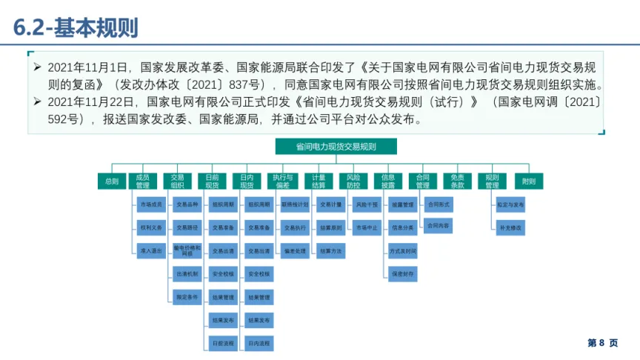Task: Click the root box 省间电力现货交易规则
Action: [x=336, y=147]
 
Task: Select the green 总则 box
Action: [x=112, y=181]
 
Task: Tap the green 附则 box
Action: [x=528, y=181]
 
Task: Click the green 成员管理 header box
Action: [x=143, y=181]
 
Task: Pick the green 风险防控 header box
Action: [x=353, y=181]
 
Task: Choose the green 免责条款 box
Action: [x=458, y=181]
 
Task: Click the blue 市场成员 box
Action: [x=151, y=204]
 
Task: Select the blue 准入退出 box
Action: [x=151, y=250]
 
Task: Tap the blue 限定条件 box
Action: [x=186, y=296]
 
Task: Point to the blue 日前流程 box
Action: [x=222, y=343]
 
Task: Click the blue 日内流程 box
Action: [x=259, y=343]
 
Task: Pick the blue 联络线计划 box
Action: [x=295, y=204]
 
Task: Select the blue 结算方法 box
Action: [x=330, y=250]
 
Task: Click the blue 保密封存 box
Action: [x=403, y=273]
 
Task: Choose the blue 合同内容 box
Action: [x=438, y=224]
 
